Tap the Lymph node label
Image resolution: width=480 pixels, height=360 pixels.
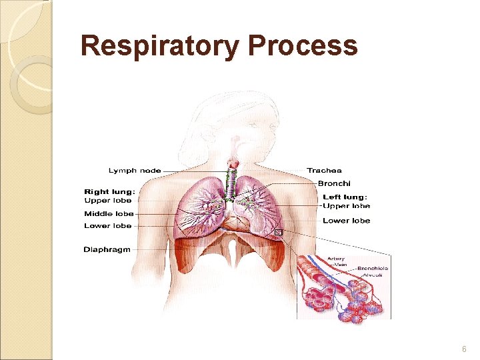135,171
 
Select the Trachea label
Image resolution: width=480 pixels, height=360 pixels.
324,171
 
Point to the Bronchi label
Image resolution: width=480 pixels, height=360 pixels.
333,183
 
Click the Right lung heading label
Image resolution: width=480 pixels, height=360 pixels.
109,192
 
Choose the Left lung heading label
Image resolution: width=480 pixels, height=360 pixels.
345,197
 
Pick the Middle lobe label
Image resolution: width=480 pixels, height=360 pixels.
109,214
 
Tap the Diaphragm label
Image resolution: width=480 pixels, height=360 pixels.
107,249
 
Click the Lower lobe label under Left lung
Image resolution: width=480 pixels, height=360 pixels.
346,221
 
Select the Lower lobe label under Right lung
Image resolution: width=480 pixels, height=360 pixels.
108,226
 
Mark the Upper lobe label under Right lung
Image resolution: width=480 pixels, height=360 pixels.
108,201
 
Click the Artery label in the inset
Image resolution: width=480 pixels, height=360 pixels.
335,258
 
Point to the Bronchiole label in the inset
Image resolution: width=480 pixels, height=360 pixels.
373,269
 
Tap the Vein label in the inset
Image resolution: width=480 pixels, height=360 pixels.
339,263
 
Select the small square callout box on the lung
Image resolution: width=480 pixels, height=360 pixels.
279,233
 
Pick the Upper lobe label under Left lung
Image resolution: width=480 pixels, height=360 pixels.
346,206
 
